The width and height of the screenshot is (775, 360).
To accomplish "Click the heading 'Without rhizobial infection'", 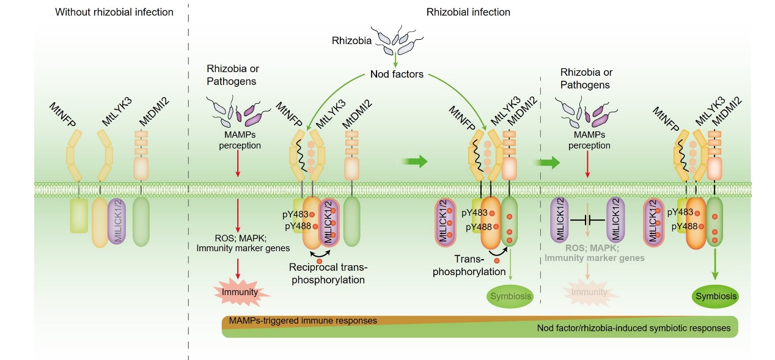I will point(114,12).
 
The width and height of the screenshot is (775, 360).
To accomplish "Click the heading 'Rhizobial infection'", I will point(468,12).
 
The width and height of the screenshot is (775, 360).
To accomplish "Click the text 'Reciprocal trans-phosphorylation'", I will point(328,274).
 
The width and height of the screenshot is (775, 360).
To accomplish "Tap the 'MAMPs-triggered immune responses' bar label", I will point(302,320).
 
